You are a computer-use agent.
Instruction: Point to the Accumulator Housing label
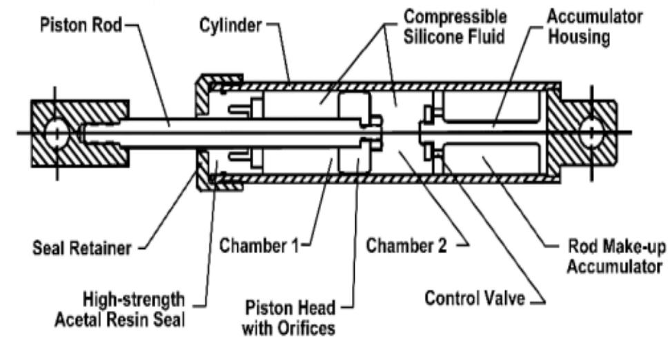pos(577,27)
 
